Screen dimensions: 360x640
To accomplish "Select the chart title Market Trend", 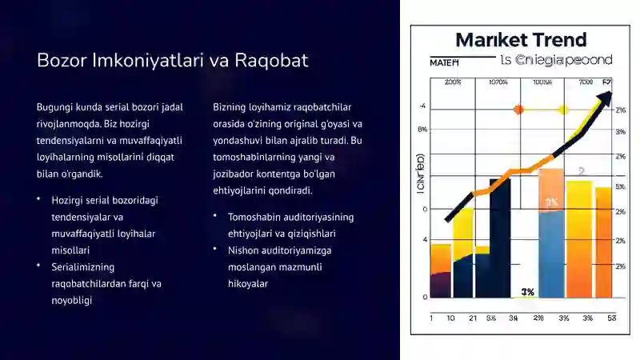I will click(521, 40).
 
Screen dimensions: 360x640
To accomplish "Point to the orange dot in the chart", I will click(518, 109).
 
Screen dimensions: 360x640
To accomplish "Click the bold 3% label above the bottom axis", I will click(527, 292).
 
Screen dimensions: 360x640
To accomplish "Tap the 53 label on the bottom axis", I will click(611, 318).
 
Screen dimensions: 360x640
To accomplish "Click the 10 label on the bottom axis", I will click(450, 318).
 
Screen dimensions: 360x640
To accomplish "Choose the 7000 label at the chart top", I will click(586, 82).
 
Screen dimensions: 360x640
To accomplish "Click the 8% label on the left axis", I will click(422, 129).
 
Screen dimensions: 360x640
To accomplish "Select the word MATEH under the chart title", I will click(445, 61).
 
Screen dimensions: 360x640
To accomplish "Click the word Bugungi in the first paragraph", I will click(54, 107).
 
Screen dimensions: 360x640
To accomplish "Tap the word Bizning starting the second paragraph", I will click(231, 107).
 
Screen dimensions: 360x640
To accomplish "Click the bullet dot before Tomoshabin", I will click(217, 216).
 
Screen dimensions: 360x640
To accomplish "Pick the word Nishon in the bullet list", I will click(243, 250).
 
